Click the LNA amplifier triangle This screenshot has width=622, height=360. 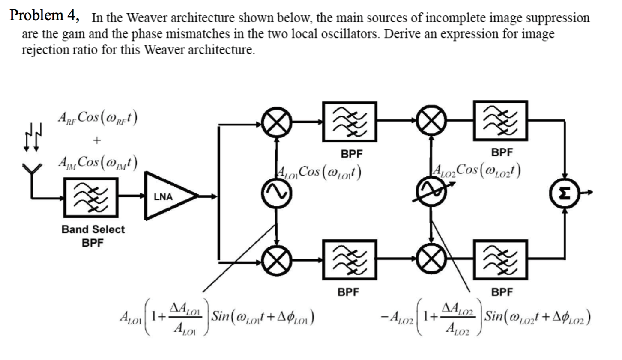[x=169, y=196]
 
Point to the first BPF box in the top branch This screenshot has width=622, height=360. [x=350, y=122]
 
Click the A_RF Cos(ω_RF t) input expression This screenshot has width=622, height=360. [x=98, y=117]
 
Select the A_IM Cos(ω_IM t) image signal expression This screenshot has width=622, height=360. [x=98, y=163]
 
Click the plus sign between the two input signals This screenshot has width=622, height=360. [x=98, y=140]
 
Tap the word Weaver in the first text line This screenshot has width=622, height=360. [x=148, y=18]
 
